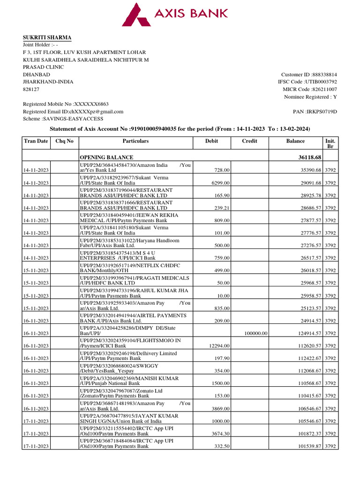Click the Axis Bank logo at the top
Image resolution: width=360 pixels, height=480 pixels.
click(x=175, y=14)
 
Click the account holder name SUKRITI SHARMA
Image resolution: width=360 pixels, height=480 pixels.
click(x=47, y=37)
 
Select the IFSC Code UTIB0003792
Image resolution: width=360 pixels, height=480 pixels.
click(x=320, y=82)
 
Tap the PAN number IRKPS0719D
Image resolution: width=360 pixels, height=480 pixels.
click(x=322, y=112)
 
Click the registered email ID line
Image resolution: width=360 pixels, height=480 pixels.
click(x=73, y=112)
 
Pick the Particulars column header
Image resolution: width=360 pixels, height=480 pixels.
click(x=135, y=141)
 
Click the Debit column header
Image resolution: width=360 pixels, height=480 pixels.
click(x=211, y=141)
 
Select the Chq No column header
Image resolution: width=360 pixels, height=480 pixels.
click(x=64, y=141)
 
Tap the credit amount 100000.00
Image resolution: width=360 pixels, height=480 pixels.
click(x=256, y=333)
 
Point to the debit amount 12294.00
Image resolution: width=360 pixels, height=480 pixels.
click(x=218, y=346)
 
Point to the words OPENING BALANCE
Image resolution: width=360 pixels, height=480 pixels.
click(x=106, y=157)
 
